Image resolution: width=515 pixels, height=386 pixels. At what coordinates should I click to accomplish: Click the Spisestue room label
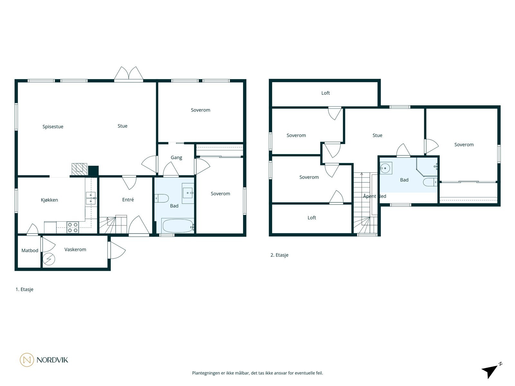(53, 126)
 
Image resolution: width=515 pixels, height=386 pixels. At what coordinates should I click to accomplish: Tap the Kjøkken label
(49, 200)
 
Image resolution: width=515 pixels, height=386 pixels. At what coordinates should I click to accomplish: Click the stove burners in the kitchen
(73, 227)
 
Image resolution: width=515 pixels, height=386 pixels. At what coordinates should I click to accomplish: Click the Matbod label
(30, 250)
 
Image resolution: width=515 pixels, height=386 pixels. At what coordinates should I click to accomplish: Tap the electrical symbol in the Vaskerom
(49, 259)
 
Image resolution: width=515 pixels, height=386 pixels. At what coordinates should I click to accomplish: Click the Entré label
(128, 199)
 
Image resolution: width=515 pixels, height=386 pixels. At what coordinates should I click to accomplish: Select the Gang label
(176, 157)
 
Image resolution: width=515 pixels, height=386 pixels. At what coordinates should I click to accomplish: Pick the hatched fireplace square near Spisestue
(79, 169)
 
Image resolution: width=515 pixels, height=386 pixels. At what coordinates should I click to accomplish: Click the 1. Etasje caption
(24, 289)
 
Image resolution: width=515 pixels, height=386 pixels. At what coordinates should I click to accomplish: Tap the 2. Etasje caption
(279, 255)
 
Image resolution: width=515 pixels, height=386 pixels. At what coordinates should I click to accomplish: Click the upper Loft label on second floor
(325, 93)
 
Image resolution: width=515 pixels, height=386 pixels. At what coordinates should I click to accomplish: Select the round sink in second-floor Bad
(385, 168)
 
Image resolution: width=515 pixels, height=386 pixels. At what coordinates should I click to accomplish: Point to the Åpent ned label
(374, 196)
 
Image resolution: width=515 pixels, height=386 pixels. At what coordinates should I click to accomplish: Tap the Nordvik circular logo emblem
(27, 360)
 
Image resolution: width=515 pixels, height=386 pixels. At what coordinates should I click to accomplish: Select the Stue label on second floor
(377, 135)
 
